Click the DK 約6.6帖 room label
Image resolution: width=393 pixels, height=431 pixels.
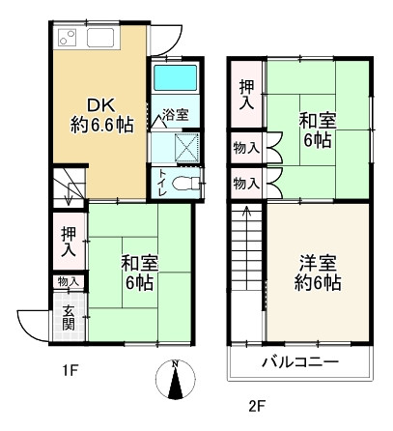pyautogui.click(x=99, y=114)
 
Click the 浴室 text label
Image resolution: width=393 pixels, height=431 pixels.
pyautogui.click(x=175, y=115)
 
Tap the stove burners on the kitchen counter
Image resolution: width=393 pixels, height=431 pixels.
pyautogui.click(x=69, y=39)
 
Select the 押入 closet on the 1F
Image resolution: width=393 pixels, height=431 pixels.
pyautogui.click(x=70, y=242)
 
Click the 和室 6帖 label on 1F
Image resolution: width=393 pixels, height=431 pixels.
pyautogui.click(x=138, y=273)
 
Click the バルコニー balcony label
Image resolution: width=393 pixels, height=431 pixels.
pyautogui.click(x=299, y=362)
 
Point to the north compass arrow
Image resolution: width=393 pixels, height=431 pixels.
pyautogui.click(x=175, y=379)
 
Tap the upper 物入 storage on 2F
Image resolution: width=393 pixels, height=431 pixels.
pyautogui.click(x=246, y=149)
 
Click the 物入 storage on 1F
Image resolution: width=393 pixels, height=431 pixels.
pyautogui.click(x=69, y=282)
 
